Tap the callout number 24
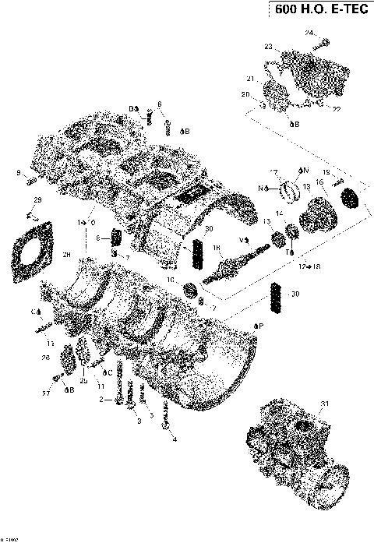coord(309,33)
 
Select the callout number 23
coord(268,48)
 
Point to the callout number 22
coord(336,109)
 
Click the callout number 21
coord(251,79)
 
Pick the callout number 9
coord(18,173)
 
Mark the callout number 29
coord(36,202)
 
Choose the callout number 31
coord(323,403)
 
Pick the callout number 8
coord(99,238)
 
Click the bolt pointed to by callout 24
coord(325,41)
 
